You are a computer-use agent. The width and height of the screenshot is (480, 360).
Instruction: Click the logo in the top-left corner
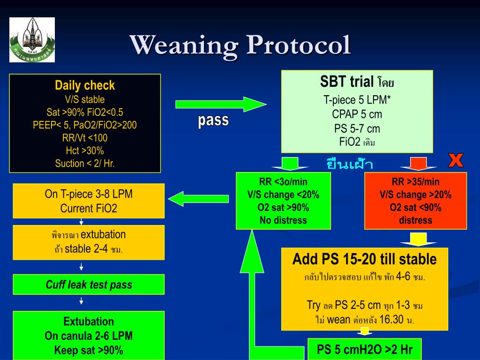tap(32, 40)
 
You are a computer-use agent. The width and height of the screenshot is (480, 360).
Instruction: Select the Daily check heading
tap(85, 86)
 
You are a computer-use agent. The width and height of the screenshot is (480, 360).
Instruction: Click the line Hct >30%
tap(85, 150)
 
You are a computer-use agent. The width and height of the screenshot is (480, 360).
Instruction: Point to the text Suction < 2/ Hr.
tap(85, 164)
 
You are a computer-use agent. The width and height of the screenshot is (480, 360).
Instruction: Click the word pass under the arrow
tap(213, 120)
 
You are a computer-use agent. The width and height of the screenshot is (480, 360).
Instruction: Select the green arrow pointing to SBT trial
tap(220, 104)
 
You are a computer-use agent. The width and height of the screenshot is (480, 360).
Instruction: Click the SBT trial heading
tap(347, 82)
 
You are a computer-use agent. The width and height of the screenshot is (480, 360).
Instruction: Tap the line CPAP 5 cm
tap(357, 114)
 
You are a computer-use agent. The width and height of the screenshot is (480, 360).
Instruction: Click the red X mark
tap(456, 161)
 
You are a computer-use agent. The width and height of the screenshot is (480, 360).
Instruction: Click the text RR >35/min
tap(415, 182)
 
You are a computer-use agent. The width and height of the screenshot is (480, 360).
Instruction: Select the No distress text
tap(283, 220)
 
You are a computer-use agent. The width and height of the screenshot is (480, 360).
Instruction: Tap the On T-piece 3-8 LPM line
tap(89, 194)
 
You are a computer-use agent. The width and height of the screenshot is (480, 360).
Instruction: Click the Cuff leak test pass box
tap(89, 285)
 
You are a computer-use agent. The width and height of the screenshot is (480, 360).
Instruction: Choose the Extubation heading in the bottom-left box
tap(89, 322)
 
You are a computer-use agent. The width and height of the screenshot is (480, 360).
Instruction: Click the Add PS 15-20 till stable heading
tap(364, 259)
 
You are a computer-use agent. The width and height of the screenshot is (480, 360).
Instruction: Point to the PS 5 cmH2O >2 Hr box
tap(364, 350)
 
